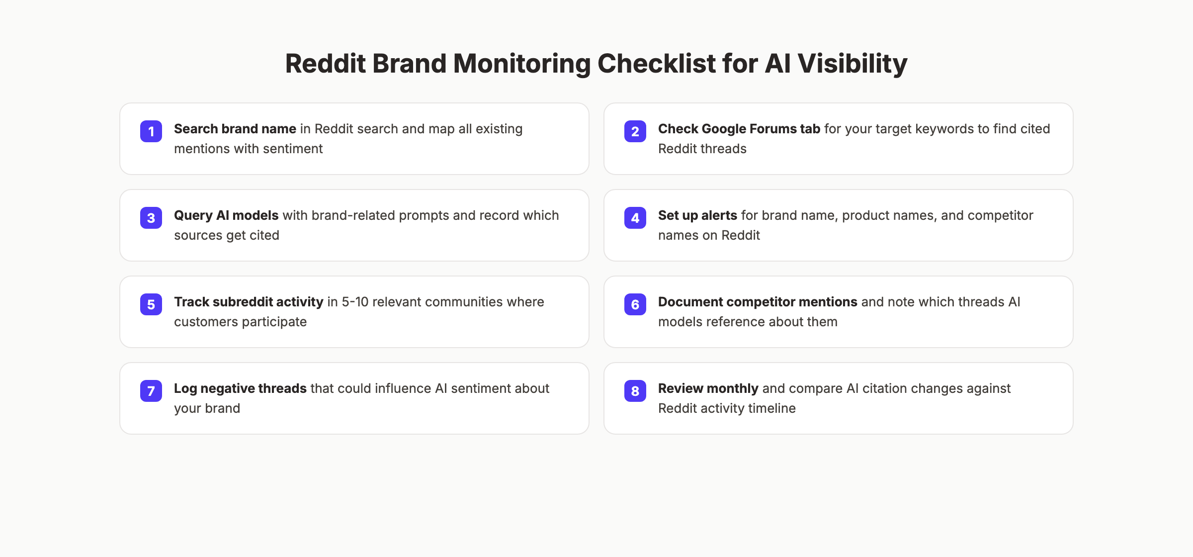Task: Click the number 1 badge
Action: pyautogui.click(x=151, y=131)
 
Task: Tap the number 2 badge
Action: pyautogui.click(x=635, y=131)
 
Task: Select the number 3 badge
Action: pyautogui.click(x=151, y=218)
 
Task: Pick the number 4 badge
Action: pyautogui.click(x=635, y=218)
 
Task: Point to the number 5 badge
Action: pyautogui.click(x=151, y=304)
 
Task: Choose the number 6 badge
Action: pyautogui.click(x=635, y=304)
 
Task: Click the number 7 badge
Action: pyautogui.click(x=151, y=391)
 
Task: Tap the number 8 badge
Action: pyautogui.click(x=635, y=391)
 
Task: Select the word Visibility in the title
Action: pyautogui.click(x=852, y=64)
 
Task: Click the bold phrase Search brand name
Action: pyautogui.click(x=235, y=129)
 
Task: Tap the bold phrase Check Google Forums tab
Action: pyautogui.click(x=739, y=129)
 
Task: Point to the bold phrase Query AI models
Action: pyautogui.click(x=226, y=215)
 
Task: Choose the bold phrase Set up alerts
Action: pyautogui.click(x=697, y=215)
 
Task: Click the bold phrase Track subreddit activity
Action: pyautogui.click(x=249, y=302)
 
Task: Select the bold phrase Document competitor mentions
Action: pyautogui.click(x=758, y=302)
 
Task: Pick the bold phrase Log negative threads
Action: pyautogui.click(x=240, y=388)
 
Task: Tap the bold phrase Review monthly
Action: pyautogui.click(x=708, y=388)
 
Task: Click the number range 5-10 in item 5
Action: pyautogui.click(x=355, y=302)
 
